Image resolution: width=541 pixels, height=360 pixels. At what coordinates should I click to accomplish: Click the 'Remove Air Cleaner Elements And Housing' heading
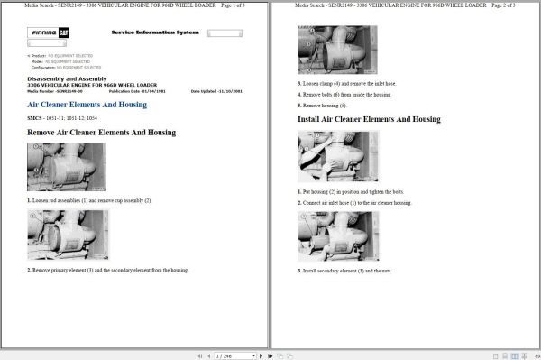click(101, 133)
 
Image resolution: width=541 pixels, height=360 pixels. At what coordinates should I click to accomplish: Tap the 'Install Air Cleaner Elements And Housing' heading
click(369, 119)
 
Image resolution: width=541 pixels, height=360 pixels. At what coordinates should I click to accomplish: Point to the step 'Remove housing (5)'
click(323, 105)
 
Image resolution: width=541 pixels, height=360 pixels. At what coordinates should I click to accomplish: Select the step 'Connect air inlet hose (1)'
click(355, 203)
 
